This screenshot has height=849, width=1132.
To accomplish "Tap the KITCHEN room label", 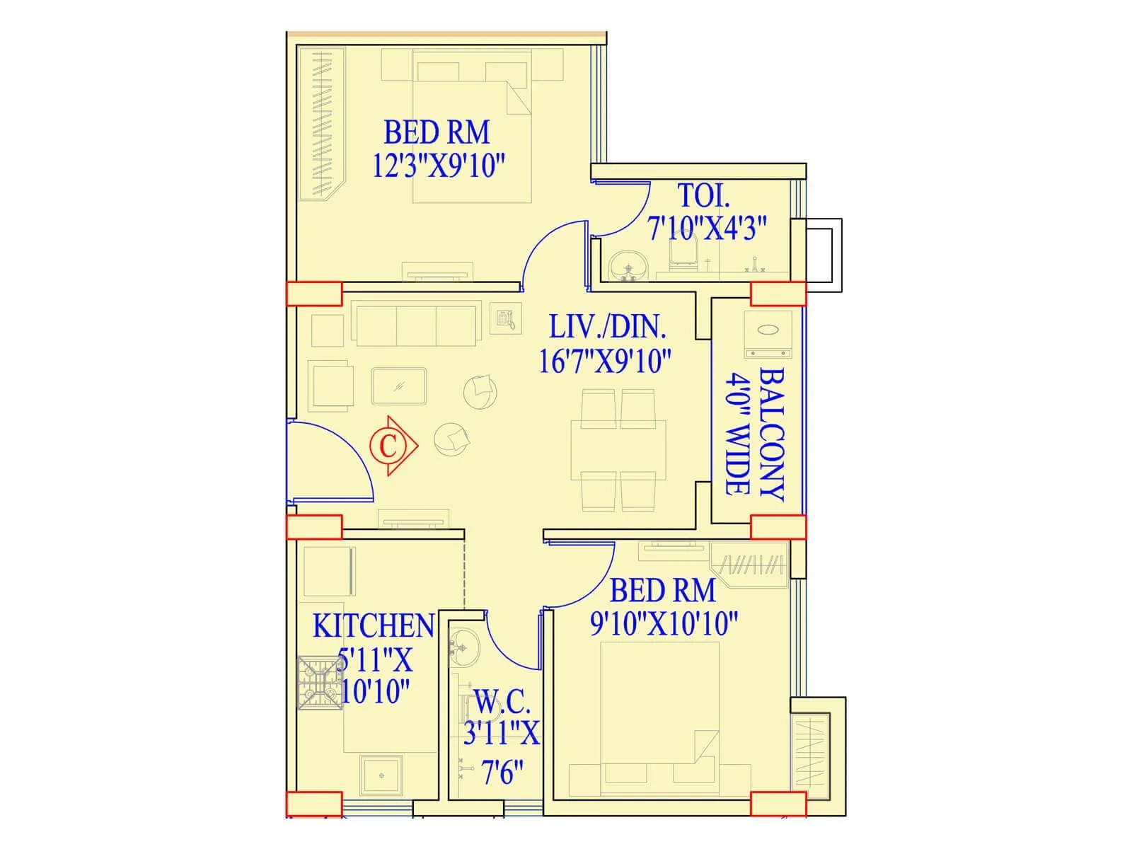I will (373, 626).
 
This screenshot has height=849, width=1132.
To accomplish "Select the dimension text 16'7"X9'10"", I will (604, 362).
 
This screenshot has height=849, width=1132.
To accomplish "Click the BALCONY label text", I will (771, 434).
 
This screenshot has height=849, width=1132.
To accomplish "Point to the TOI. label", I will (703, 196).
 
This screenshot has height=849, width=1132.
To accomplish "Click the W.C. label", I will (502, 703).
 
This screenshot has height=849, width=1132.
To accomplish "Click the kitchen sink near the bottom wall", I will (381, 776).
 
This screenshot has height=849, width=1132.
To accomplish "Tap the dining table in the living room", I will (618, 450).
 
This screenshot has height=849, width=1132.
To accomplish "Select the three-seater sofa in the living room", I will (416, 325).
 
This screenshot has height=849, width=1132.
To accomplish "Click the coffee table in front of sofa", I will (398, 386).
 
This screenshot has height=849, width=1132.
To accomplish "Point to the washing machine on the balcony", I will (768, 334).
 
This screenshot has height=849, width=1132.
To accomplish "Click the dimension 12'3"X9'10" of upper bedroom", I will (439, 166).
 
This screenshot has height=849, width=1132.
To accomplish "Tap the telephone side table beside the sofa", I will (505, 318).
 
